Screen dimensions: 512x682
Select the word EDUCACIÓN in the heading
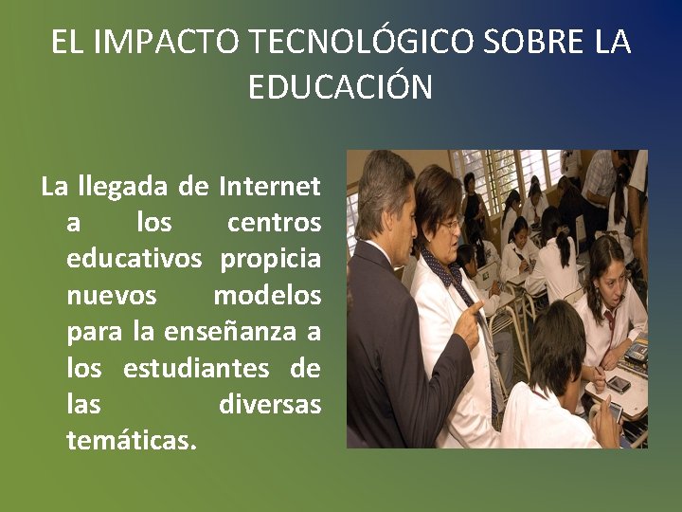tap(340, 87)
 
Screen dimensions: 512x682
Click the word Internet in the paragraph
tap(270, 186)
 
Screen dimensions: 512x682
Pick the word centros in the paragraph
tap(274, 223)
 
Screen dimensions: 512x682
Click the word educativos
tap(135, 259)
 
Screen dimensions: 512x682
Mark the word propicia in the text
tap(271, 259)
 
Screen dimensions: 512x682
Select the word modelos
tap(267, 296)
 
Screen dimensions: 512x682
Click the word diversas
tap(270, 404)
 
